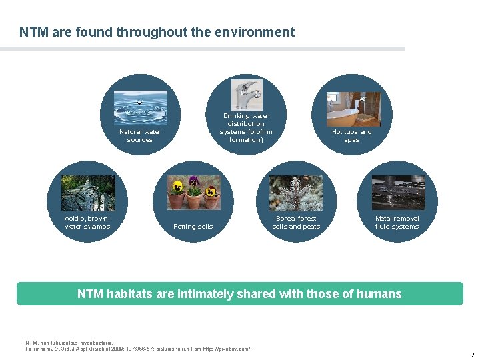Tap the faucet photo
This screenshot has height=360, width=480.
pyautogui.click(x=246, y=95)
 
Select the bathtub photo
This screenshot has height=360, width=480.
pyautogui.click(x=353, y=109)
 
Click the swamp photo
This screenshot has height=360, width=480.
pyautogui.click(x=87, y=193)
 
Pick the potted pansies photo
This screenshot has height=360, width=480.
pyautogui.click(x=193, y=193)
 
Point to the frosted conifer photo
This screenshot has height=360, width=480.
pyautogui.click(x=295, y=193)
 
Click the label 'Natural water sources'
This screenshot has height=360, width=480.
pyautogui.click(x=140, y=136)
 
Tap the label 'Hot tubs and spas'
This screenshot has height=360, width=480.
pyautogui.click(x=352, y=136)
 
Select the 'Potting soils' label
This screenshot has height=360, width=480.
pyautogui.click(x=193, y=227)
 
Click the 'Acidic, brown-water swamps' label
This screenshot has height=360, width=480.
pyautogui.click(x=87, y=223)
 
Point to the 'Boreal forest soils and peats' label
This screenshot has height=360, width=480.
pyautogui.click(x=296, y=223)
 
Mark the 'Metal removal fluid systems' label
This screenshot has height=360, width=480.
pyautogui.click(x=397, y=223)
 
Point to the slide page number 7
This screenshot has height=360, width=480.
pyautogui.click(x=472, y=355)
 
